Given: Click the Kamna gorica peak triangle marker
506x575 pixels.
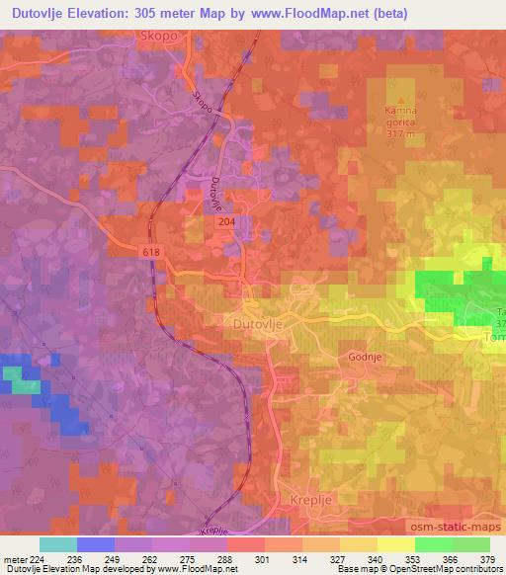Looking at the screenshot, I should coord(400,100).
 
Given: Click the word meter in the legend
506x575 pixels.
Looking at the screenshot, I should coord(14,558).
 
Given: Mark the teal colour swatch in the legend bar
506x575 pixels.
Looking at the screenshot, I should coord(57,544).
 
